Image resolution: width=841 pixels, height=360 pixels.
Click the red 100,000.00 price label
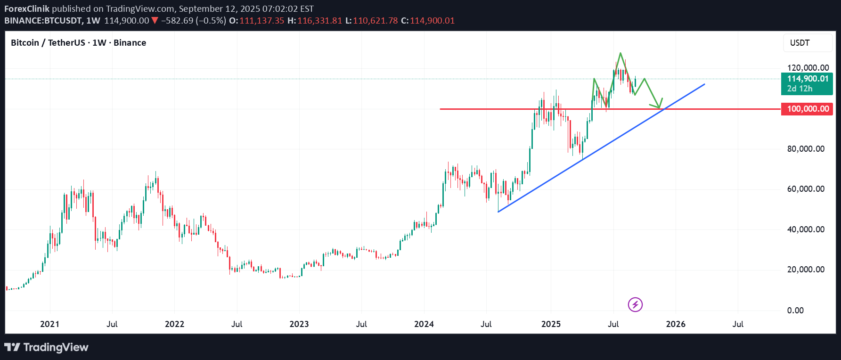tap(807, 109)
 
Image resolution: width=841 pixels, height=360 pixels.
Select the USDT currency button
tap(807, 43)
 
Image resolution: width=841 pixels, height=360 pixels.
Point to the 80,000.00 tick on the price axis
tap(806, 149)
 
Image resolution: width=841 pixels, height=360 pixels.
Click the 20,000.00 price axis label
tap(806, 270)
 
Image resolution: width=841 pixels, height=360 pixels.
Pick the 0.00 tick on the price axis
tap(795, 310)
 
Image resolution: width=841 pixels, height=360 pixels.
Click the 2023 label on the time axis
tap(299, 324)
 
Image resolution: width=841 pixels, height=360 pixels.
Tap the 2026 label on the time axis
tap(676, 324)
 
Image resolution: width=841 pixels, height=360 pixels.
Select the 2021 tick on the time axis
tap(50, 324)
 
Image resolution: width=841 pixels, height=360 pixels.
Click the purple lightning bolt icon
tap(635, 304)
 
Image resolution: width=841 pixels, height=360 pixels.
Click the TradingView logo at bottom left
tap(46, 347)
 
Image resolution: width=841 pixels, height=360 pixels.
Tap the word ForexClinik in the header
tap(27, 8)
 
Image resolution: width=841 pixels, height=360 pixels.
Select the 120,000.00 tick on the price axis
tap(808, 68)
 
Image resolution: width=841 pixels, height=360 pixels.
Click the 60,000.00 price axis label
tap(806, 189)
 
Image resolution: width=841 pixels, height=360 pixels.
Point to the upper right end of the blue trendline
tap(704, 84)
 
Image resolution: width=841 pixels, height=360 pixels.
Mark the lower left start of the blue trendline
tap(498, 212)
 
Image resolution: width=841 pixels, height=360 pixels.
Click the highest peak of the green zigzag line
tap(621, 53)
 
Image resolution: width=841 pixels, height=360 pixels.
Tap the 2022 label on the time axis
tap(174, 324)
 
